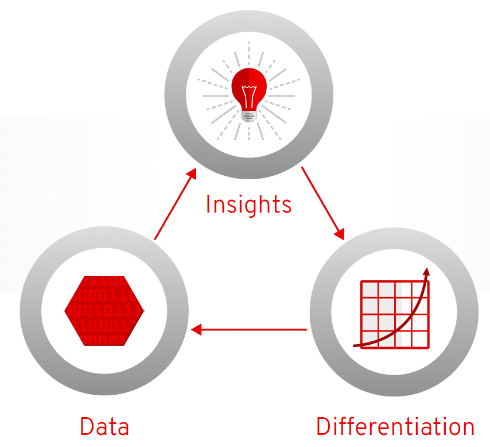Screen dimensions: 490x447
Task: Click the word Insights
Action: pyautogui.click(x=248, y=205)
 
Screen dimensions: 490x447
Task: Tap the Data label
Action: pyautogui.click(x=104, y=427)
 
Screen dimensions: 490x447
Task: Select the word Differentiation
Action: pyautogui.click(x=395, y=427)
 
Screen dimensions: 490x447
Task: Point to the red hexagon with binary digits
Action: pyautogui.click(x=104, y=311)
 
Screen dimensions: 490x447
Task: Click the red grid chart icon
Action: pyautogui.click(x=394, y=314)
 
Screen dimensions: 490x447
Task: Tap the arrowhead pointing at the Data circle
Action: pyautogui.click(x=197, y=330)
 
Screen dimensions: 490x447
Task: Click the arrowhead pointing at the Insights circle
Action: pyautogui.click(x=192, y=174)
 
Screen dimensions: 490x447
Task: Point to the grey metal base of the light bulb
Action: pyautogui.click(x=249, y=116)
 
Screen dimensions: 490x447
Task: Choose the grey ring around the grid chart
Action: pyautogui.click(x=467, y=313)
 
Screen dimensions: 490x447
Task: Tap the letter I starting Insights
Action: pyautogui.click(x=209, y=205)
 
